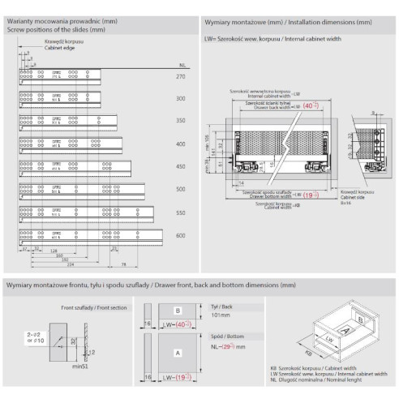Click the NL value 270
tap(181, 75)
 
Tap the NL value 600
tap(181, 236)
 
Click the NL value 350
tap(181, 122)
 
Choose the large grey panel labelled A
tap(176, 351)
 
